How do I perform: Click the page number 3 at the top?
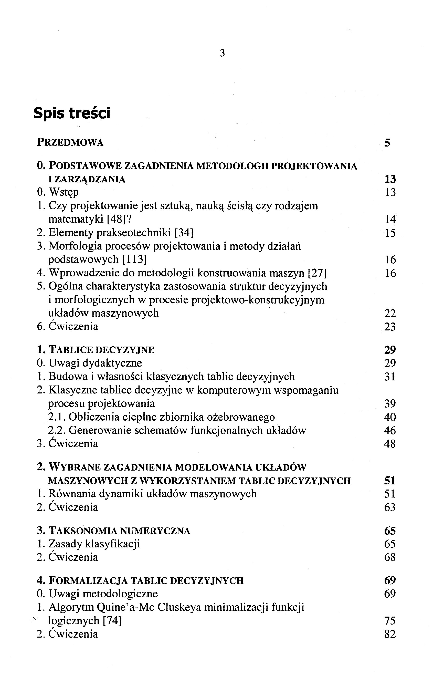coord(222,53)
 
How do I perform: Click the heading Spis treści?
coord(71,113)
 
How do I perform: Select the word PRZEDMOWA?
coord(70,142)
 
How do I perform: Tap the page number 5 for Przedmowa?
coord(387,142)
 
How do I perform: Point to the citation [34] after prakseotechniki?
coord(184,233)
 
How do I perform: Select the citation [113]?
coord(134,259)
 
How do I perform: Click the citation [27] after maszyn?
coord(318,273)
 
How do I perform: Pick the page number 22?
coord(390,313)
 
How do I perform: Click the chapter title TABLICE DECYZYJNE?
coord(102,350)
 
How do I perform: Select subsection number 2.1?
coord(57,417)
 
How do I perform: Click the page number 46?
coord(390,430)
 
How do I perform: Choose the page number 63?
coord(390,507)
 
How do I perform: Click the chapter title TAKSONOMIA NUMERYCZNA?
coord(119,531)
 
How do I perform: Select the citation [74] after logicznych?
coord(112,621)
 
